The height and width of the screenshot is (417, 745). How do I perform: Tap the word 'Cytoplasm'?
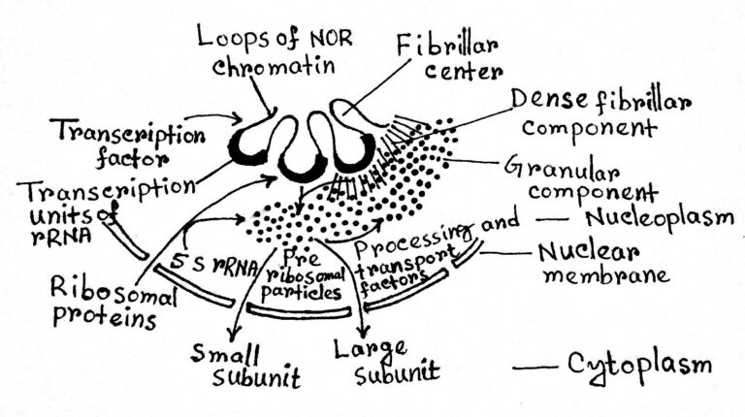[640, 366]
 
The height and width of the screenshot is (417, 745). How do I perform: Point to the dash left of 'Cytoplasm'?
[533, 368]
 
